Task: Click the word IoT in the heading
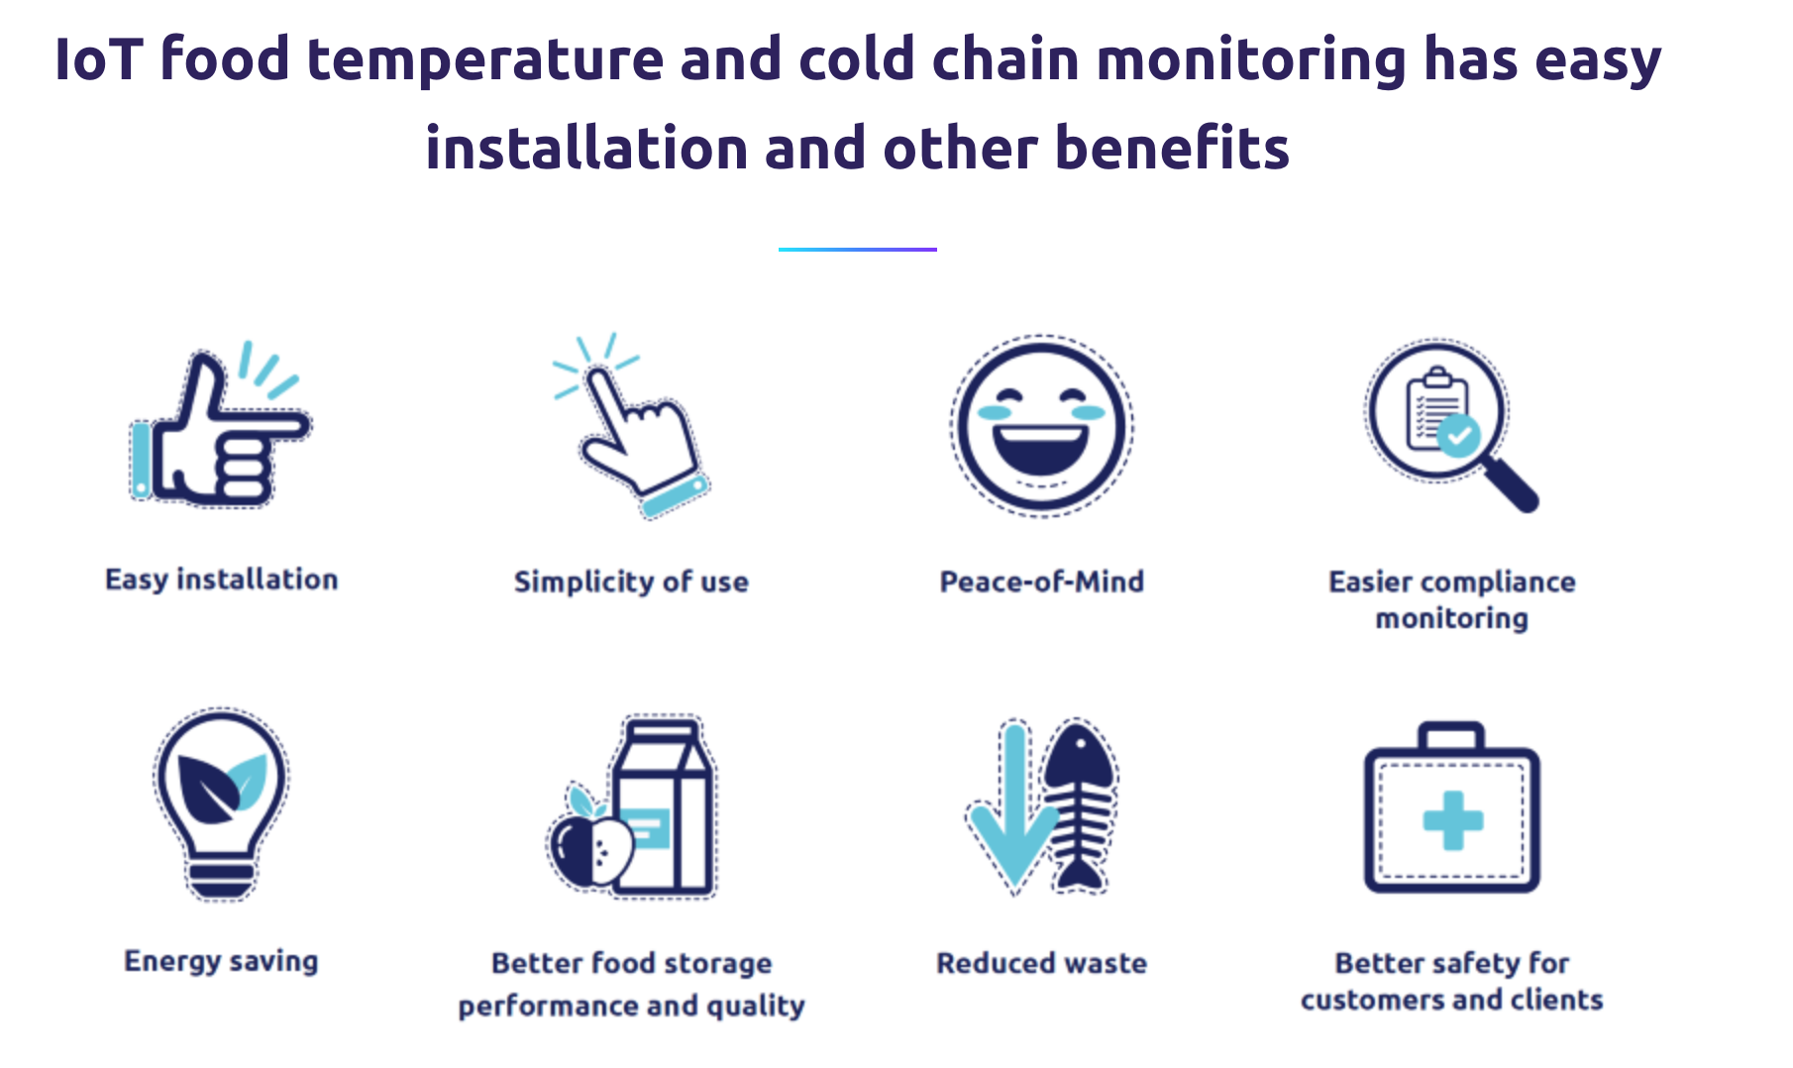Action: tap(99, 59)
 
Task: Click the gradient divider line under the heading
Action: tap(857, 249)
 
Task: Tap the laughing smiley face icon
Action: tap(1042, 426)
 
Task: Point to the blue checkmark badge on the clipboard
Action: tap(1458, 435)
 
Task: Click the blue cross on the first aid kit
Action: tap(1452, 820)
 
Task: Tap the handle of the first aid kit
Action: tap(1451, 736)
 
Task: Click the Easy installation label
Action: tap(222, 580)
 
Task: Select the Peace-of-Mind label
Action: tap(1042, 582)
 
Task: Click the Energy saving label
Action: tap(221, 962)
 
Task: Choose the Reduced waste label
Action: tap(1042, 963)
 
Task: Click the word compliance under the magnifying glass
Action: tap(1498, 583)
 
